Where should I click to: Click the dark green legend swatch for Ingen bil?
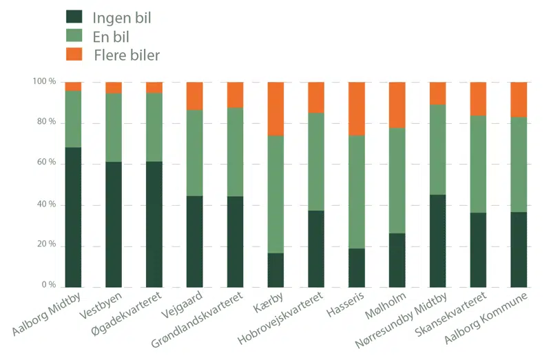[x=74, y=18]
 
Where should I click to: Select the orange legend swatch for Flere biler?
[x=74, y=54]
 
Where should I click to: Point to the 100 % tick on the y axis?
[x=44, y=82]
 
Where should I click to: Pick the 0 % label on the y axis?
[x=48, y=285]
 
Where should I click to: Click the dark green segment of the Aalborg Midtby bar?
[x=73, y=217]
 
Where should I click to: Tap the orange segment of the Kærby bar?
[x=275, y=109]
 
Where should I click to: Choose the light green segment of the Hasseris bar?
[x=357, y=191]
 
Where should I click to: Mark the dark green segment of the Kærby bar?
[x=275, y=270]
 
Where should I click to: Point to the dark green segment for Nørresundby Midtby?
[x=437, y=241]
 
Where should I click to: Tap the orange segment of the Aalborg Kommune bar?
[x=519, y=99]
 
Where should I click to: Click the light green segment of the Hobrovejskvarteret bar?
[x=316, y=162]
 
